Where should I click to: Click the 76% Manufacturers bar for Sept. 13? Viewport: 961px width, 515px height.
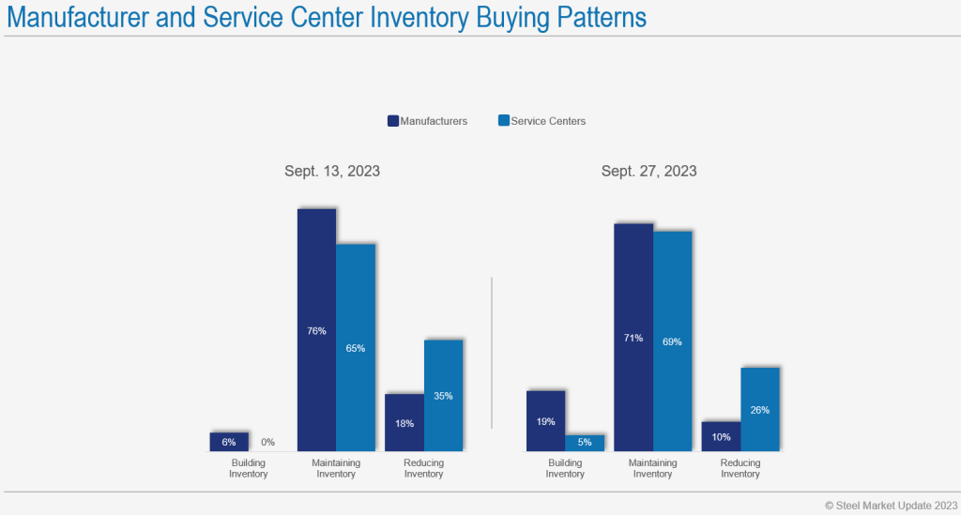pos(316,330)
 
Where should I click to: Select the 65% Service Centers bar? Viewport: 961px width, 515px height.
pos(356,347)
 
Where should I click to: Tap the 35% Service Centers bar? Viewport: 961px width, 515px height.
pos(443,395)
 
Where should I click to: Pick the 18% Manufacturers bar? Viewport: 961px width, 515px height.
pos(404,422)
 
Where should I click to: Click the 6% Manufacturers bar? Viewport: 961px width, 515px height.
pos(229,442)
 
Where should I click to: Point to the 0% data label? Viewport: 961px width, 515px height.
pos(267,443)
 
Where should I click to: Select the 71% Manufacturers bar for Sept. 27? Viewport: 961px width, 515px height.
pos(633,338)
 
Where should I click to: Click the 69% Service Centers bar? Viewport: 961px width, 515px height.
pos(672,341)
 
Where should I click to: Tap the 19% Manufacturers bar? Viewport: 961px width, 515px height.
pos(545,420)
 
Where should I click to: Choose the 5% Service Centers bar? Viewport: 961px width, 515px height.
pos(585,443)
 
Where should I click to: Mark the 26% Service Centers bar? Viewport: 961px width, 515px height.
pos(760,409)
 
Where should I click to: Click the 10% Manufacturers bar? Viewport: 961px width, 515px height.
pos(721,436)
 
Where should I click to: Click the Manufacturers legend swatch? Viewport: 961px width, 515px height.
pos(393,121)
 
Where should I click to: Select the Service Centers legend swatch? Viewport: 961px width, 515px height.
pos(504,121)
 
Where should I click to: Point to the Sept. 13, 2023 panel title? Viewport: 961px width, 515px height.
pos(332,171)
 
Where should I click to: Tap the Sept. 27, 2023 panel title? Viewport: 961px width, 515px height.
pos(649,171)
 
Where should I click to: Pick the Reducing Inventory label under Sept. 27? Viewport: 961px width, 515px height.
pos(740,468)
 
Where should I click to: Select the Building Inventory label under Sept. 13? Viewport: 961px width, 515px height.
pos(249,468)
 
